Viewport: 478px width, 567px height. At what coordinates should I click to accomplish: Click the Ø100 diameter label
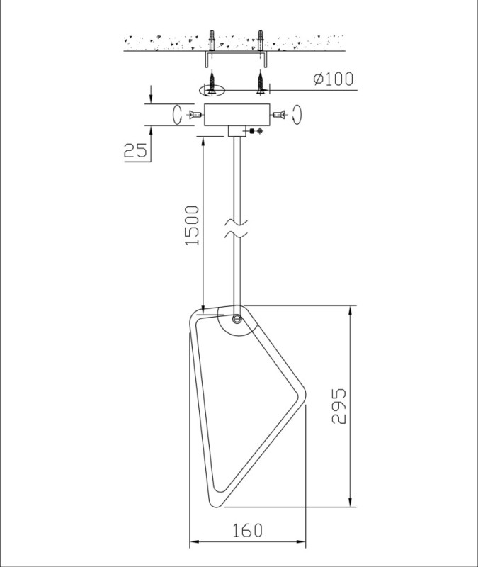click(333, 79)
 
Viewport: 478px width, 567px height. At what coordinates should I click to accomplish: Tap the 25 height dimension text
click(136, 150)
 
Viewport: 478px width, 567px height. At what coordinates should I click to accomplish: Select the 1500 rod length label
click(192, 225)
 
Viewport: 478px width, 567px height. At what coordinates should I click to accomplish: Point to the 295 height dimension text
click(338, 405)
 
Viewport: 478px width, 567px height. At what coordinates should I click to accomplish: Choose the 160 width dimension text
click(247, 530)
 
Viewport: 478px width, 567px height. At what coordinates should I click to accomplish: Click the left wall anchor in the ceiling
click(212, 40)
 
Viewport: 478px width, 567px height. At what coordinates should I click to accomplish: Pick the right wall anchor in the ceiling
click(261, 40)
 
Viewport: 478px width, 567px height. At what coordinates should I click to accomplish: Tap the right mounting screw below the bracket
click(260, 83)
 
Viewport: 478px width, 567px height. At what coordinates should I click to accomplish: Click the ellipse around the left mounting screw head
click(212, 91)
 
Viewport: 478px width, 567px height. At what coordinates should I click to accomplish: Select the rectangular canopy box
click(237, 115)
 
